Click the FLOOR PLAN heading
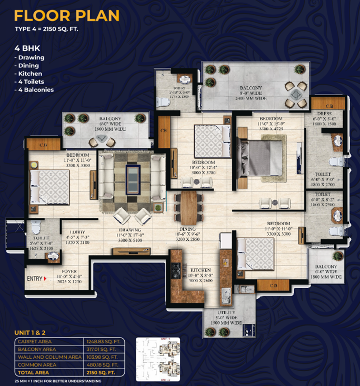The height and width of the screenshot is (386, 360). tap(67, 15)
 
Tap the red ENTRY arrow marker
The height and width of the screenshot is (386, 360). tap(45, 278)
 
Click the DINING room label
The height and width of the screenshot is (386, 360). tap(187, 229)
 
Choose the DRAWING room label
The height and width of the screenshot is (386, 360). tap(128, 230)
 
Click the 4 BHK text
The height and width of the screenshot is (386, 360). tap(27, 48)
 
